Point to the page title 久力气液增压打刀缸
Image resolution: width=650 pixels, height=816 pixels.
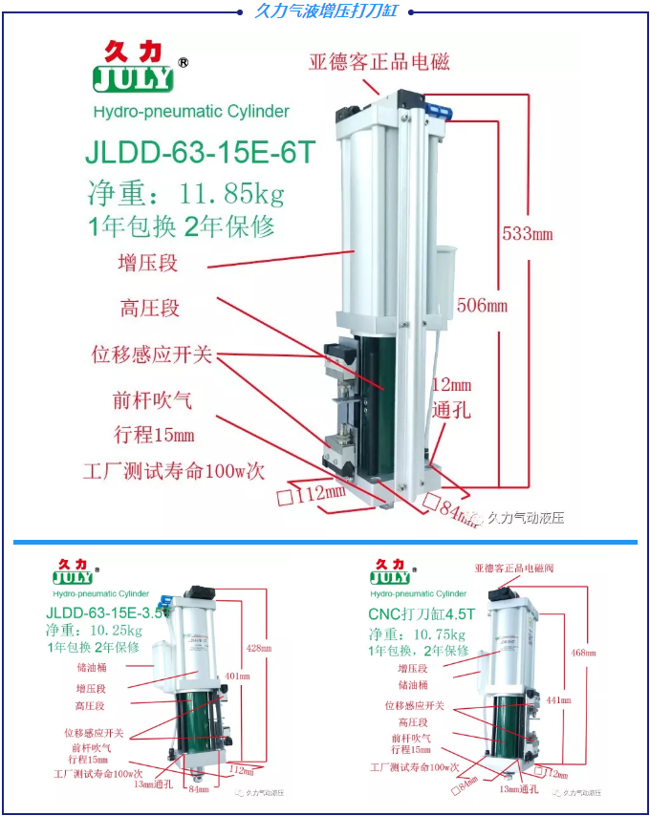click(x=326, y=11)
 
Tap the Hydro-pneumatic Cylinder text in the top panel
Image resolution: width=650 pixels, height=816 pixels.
click(x=191, y=112)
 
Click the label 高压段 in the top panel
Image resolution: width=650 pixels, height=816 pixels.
click(x=150, y=309)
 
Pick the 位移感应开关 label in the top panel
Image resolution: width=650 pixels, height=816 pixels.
click(x=151, y=354)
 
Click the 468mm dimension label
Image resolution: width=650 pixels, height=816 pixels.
click(x=578, y=653)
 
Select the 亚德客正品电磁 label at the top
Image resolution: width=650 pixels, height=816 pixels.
click(x=379, y=62)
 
